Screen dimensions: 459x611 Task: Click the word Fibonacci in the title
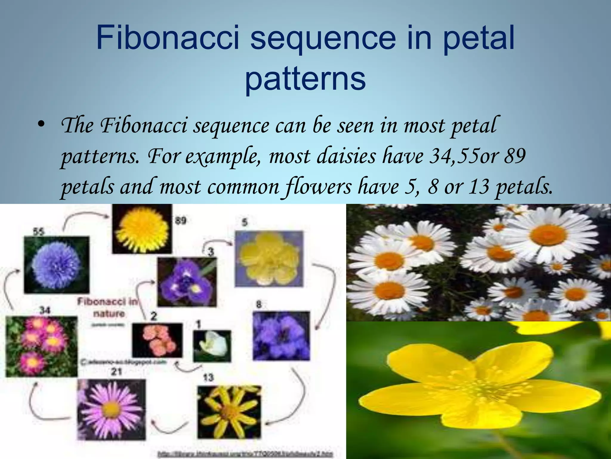[167, 38]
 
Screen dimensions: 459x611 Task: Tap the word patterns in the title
[305, 78]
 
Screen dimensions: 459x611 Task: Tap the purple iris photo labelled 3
[187, 282]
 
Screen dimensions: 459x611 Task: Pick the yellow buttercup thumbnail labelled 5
[269, 258]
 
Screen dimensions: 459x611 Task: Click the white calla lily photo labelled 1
[212, 345]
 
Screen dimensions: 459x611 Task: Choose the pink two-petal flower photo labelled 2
[157, 340]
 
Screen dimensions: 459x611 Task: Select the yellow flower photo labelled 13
[229, 412]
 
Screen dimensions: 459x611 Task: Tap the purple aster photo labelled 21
[112, 409]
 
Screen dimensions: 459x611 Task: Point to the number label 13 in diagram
[208, 377]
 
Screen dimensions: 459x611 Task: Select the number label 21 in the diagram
[116, 371]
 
